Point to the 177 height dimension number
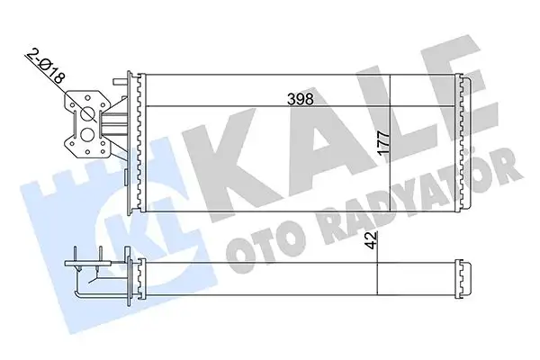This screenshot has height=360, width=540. click(383, 144)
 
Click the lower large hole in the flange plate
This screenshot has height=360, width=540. click(88, 135)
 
